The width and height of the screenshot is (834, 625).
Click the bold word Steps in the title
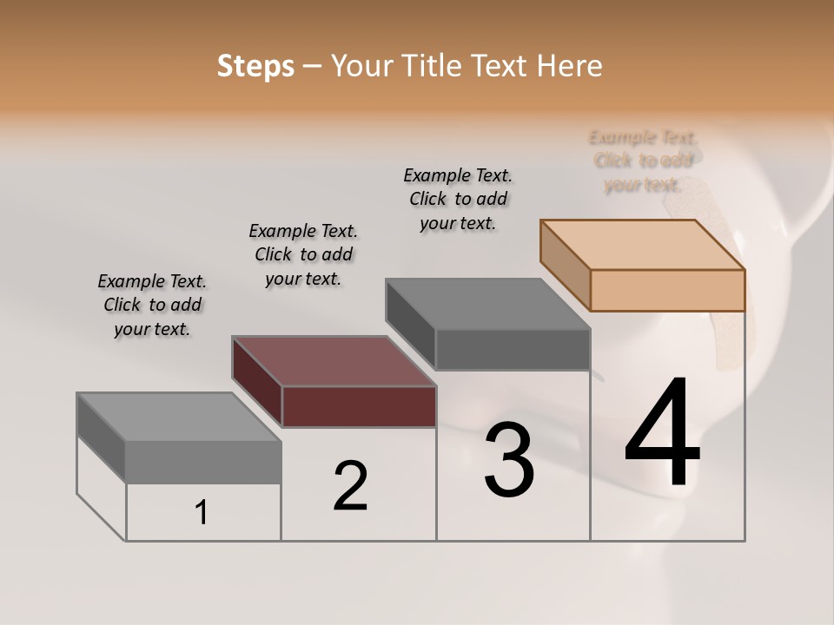(255, 66)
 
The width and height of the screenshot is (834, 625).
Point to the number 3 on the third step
(509, 461)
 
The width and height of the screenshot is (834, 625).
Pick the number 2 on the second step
(351, 486)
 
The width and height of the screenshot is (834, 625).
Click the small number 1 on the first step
(202, 513)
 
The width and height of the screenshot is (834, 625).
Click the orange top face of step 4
(643, 245)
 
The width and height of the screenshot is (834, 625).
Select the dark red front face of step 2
(359, 406)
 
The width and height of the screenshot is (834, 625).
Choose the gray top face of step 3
(488, 304)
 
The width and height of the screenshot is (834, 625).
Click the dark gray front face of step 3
(513, 349)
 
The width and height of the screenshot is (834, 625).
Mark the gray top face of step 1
(179, 417)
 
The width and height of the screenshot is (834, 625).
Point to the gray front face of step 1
(203, 461)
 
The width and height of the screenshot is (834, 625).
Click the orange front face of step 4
(667, 290)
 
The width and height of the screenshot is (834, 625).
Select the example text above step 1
(152, 305)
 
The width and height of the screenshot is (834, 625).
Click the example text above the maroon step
(303, 254)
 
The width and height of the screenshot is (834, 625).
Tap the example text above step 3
(458, 199)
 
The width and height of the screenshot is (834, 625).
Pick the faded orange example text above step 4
(643, 161)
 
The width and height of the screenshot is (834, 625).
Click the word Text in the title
(506, 66)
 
